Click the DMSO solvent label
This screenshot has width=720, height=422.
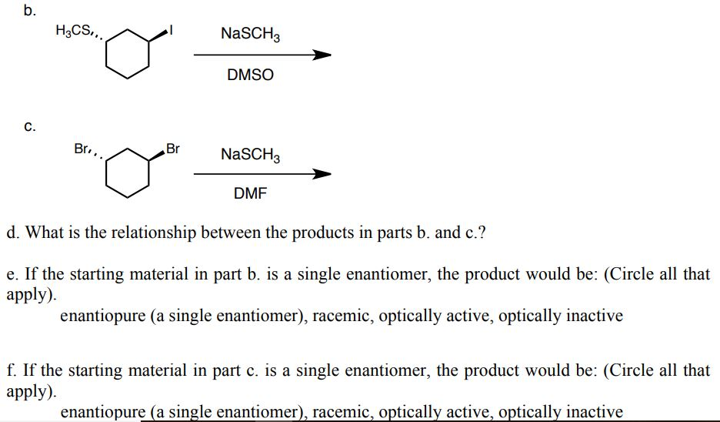pyautogui.click(x=250, y=76)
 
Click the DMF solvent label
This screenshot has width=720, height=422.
pyautogui.click(x=250, y=194)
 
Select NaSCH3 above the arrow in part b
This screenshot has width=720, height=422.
pyautogui.click(x=250, y=34)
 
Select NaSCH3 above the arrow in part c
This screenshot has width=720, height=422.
pyautogui.click(x=250, y=155)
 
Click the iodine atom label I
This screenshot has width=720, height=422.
pyautogui.click(x=174, y=31)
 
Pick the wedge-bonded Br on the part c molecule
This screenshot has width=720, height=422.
pyautogui.click(x=172, y=149)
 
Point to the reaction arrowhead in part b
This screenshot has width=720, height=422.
pyautogui.click(x=322, y=55)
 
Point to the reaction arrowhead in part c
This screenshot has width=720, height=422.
pyautogui.click(x=322, y=174)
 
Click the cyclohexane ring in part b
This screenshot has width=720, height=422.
pyautogui.click(x=128, y=55)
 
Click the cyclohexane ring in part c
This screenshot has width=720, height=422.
pyautogui.click(x=128, y=173)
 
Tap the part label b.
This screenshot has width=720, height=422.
pyautogui.click(x=29, y=11)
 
